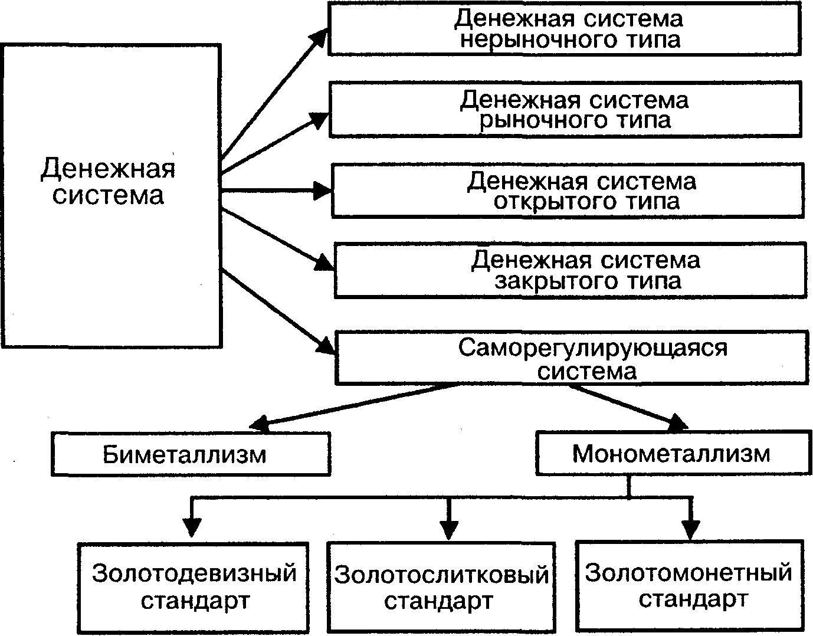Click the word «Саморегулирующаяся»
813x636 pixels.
pos(593,348)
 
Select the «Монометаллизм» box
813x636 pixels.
pos(671,454)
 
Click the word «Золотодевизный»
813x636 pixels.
pos(194,573)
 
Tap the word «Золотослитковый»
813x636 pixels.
pos(441,574)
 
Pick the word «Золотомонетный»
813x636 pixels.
pos(688,572)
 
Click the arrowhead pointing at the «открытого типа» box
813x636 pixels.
pos(323,190)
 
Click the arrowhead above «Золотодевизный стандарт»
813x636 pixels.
pos(192,527)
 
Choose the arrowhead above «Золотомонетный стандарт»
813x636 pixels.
pos(691,528)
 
